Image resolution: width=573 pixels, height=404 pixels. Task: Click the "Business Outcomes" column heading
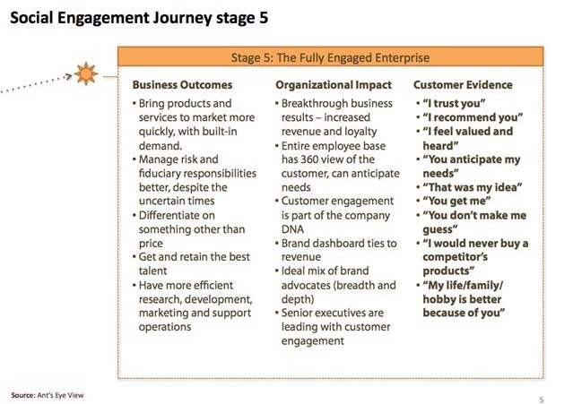(x=182, y=85)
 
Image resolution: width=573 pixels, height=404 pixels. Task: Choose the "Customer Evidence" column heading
(x=463, y=85)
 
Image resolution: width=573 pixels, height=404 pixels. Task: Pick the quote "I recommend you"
(x=473, y=117)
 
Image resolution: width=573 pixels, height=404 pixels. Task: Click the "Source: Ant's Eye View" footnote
(x=48, y=393)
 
